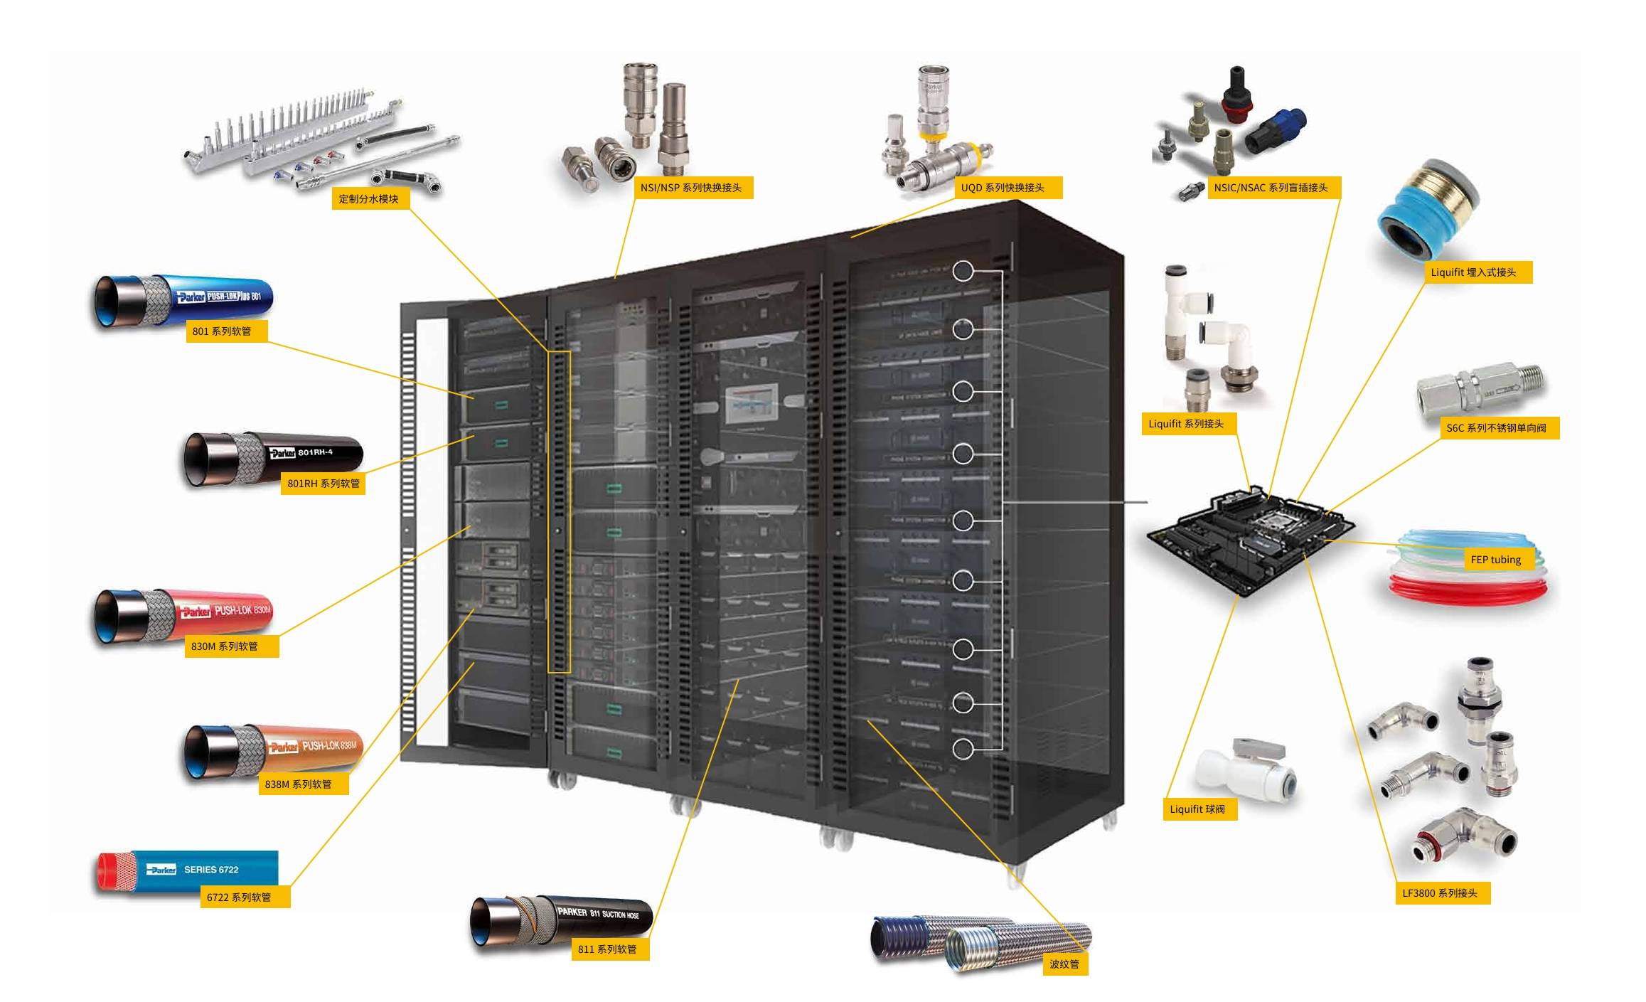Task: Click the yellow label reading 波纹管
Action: click(x=1064, y=964)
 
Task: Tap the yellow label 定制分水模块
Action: click(x=369, y=198)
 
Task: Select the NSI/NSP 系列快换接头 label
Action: click(x=692, y=188)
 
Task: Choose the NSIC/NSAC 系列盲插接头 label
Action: click(x=1271, y=188)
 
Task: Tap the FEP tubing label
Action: click(x=1495, y=560)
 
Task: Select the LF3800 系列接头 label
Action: click(x=1440, y=893)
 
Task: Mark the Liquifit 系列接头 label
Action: click(x=1186, y=424)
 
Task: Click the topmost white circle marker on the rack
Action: click(x=963, y=271)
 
